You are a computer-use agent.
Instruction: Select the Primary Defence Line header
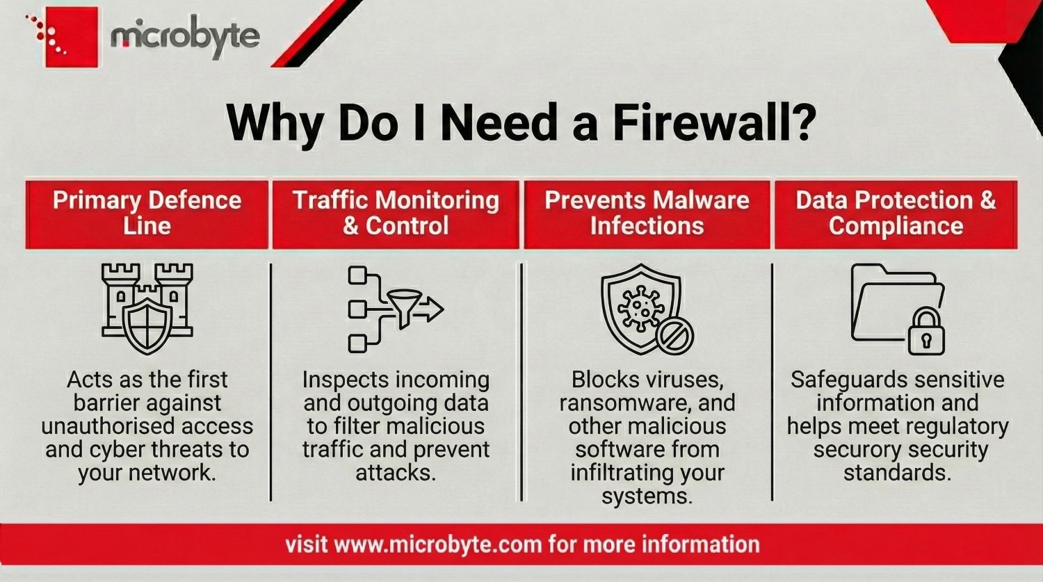[147, 214]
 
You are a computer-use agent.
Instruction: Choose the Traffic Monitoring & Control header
[396, 214]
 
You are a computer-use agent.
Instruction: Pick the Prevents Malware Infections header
[647, 214]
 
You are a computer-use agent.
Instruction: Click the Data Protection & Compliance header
[896, 214]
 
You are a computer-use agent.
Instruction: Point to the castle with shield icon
[147, 309]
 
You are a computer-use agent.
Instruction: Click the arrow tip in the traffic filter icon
[442, 309]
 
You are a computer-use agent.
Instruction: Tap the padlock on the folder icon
[926, 332]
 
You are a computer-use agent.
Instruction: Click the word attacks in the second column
[396, 473]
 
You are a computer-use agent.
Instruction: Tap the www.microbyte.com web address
[437, 544]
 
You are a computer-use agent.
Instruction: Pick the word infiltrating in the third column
[617, 473]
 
